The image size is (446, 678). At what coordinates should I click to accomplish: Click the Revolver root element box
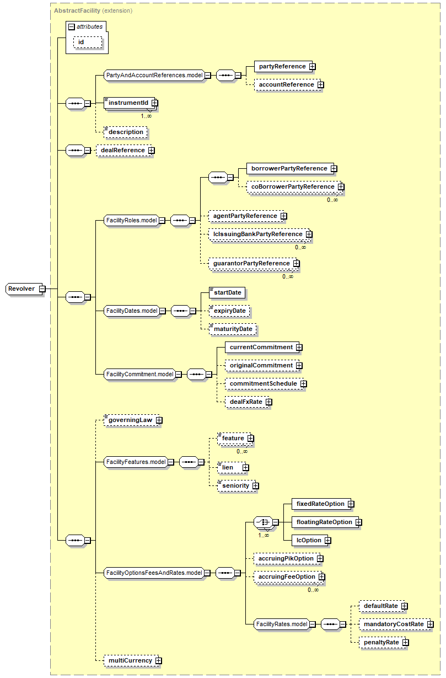[x=22, y=289]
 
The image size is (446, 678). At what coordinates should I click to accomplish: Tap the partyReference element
[x=282, y=66]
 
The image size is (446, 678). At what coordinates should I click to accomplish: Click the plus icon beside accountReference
[x=320, y=85]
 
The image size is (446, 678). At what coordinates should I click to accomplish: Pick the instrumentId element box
[x=128, y=103]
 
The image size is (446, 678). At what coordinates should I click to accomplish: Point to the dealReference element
[x=122, y=150]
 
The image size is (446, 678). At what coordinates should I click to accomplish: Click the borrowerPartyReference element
[x=289, y=168]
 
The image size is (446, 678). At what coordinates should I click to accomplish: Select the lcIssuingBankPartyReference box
[x=257, y=234]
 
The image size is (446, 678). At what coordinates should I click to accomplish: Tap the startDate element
[x=227, y=292]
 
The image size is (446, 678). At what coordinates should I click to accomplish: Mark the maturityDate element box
[x=233, y=329]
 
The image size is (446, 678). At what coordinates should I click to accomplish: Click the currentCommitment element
[x=261, y=347]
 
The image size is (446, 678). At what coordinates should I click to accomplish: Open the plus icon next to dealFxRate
[x=268, y=402]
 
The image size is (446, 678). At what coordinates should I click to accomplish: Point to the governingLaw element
[x=130, y=420]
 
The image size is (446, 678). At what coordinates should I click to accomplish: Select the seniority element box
[x=235, y=485]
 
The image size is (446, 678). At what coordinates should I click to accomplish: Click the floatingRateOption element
[x=324, y=522]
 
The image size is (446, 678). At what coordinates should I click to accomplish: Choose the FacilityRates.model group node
[x=281, y=624]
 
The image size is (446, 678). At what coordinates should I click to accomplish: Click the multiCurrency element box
[x=130, y=660]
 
